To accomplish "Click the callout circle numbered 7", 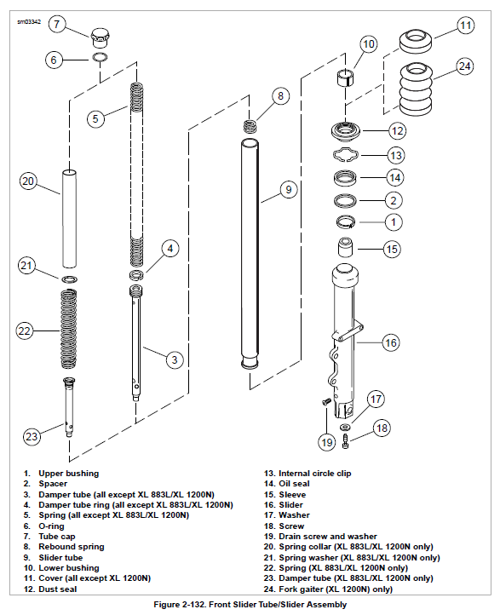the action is pyautogui.click(x=57, y=25).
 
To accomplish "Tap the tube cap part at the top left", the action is pyautogui.click(x=100, y=37).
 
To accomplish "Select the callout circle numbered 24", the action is pyautogui.click(x=465, y=66).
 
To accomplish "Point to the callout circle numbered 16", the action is pyautogui.click(x=391, y=342).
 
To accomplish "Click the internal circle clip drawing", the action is pyautogui.click(x=346, y=154).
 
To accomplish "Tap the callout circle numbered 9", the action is pyautogui.click(x=289, y=189).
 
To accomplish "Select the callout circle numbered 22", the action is pyautogui.click(x=25, y=330).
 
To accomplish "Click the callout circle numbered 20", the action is pyautogui.click(x=28, y=181).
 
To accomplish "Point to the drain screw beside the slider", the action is pyautogui.click(x=326, y=401).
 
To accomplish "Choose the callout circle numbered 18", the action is pyautogui.click(x=382, y=428).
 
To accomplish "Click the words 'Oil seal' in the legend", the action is pyautogui.click(x=294, y=484).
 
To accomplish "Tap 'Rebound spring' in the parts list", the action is pyautogui.click(x=72, y=547).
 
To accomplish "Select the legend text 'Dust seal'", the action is pyautogui.click(x=58, y=589).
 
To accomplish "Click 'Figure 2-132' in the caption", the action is pyautogui.click(x=179, y=605).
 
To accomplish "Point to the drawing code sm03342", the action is pyautogui.click(x=29, y=21).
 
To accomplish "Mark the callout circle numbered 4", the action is pyautogui.click(x=170, y=248).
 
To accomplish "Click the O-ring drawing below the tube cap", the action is pyautogui.click(x=100, y=57).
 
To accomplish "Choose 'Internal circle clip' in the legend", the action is pyautogui.click(x=314, y=474).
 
